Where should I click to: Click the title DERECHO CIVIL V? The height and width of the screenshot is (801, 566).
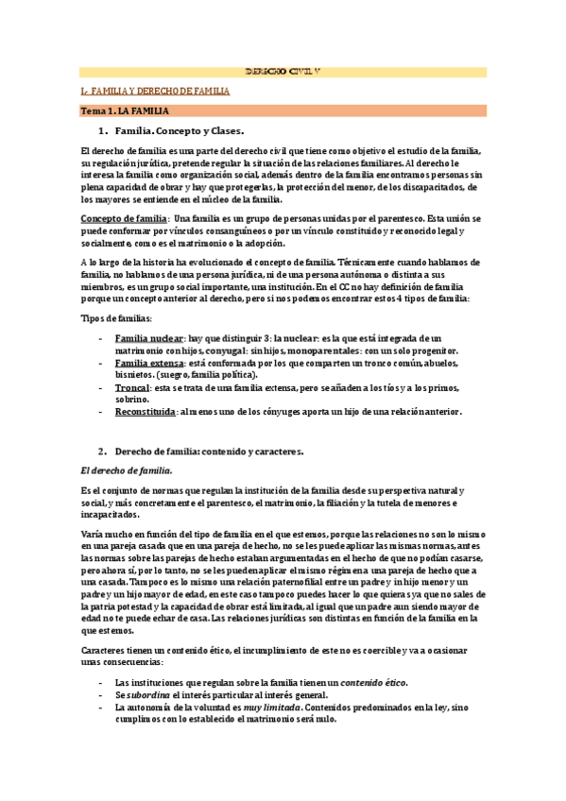[x=282, y=72]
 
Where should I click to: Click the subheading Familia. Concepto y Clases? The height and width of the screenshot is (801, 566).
[x=179, y=131]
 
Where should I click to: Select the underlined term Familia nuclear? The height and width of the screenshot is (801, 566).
[x=149, y=337]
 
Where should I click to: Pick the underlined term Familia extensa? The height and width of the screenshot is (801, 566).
[x=149, y=363]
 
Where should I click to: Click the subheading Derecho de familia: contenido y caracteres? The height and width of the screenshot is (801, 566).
[x=209, y=452]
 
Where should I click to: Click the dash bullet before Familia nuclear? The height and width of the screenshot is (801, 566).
[x=101, y=337]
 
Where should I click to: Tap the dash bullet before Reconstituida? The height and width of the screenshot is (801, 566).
[x=101, y=412]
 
